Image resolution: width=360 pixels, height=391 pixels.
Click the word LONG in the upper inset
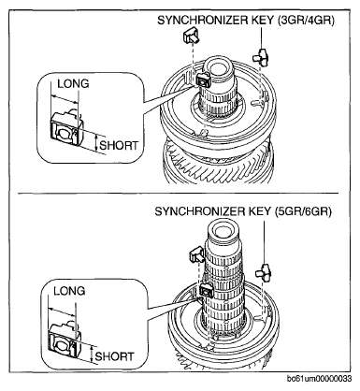pos(73,83)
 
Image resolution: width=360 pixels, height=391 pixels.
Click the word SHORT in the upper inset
pos(119,145)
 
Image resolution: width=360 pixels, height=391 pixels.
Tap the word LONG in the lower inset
pos(69,291)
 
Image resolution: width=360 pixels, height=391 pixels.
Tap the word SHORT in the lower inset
pos(114,356)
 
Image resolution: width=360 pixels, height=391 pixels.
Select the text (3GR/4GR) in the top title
pos(306,21)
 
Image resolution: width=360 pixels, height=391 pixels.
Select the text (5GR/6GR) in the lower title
pos(303,211)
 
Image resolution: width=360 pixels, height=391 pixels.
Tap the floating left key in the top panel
pos(192,35)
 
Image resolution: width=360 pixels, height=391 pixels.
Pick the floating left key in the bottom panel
pos(196,253)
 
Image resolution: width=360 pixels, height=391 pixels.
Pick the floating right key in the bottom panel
pos(264,271)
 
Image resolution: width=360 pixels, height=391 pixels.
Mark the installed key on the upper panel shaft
pos(203,80)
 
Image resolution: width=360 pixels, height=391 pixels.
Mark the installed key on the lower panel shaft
pos(206,291)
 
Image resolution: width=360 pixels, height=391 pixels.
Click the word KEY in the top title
pos(263,21)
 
